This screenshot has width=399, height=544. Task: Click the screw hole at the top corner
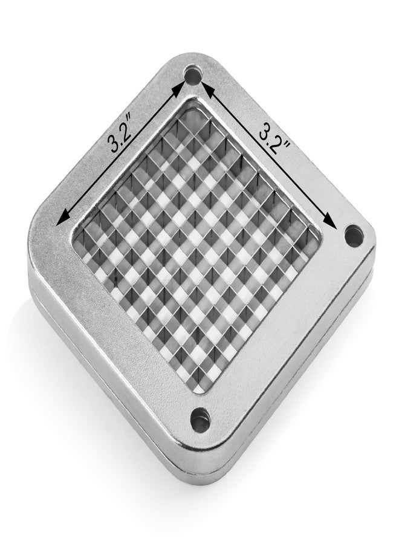[193, 75]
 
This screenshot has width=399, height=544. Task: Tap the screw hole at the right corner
[354, 236]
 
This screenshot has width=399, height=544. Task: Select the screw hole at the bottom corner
[201, 420]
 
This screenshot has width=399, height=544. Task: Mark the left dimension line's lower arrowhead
[64, 218]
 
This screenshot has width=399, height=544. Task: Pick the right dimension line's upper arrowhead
[207, 88]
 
